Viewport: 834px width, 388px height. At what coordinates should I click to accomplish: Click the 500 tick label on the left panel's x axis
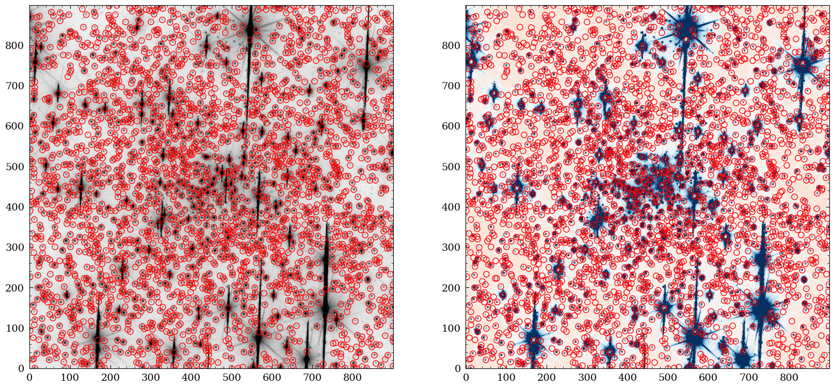(231, 378)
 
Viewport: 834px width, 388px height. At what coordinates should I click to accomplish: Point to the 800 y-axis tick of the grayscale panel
(17, 45)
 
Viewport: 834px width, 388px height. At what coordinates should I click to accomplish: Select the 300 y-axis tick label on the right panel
(454, 247)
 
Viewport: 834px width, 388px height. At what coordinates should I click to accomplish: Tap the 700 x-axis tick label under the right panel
(749, 378)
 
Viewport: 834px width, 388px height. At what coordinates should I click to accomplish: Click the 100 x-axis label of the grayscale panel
(70, 378)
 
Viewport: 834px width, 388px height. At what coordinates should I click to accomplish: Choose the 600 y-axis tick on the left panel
(17, 126)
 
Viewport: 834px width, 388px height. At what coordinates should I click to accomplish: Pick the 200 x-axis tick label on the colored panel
(547, 378)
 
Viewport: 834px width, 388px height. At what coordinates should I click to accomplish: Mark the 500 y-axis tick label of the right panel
(454, 167)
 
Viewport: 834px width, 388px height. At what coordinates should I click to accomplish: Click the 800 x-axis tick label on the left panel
(352, 378)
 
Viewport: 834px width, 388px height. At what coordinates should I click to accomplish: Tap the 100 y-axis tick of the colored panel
(454, 328)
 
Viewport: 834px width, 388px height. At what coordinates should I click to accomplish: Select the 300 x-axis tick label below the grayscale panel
(151, 378)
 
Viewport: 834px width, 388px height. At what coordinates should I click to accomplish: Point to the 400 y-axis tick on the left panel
(17, 207)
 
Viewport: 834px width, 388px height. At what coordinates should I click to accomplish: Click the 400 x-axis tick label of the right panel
(628, 378)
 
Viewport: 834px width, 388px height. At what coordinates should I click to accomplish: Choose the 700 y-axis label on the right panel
(454, 86)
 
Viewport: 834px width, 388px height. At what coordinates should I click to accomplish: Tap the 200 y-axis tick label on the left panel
(17, 288)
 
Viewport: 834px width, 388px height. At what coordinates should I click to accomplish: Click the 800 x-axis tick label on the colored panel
(789, 378)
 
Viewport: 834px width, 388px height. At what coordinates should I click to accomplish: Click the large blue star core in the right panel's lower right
(762, 308)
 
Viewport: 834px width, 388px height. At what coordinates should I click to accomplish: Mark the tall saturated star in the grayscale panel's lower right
(325, 307)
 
